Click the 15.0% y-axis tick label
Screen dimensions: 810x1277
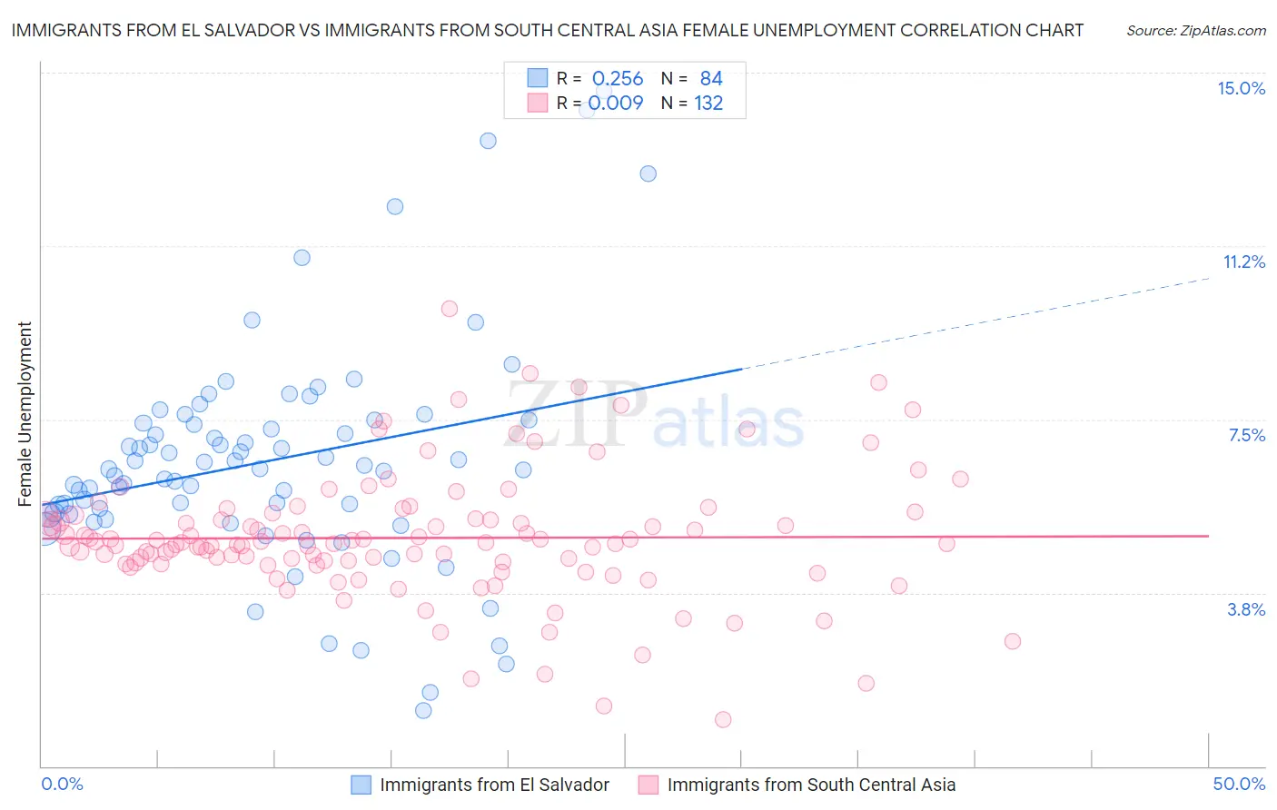[x=1241, y=88]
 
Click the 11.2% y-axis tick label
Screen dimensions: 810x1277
[x=1243, y=262]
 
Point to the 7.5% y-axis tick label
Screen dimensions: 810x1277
[x=1246, y=435]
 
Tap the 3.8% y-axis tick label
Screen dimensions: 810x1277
[x=1246, y=609]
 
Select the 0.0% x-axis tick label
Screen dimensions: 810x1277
[x=62, y=784]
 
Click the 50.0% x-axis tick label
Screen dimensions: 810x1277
[x=1238, y=784]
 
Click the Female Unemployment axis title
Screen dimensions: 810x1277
[x=25, y=413]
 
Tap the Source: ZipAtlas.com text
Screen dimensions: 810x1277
[x=1195, y=30]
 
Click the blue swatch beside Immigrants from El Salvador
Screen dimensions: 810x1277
[x=361, y=785]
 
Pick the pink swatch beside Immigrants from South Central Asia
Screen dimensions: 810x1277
[x=648, y=785]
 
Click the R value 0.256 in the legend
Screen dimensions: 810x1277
[x=618, y=79]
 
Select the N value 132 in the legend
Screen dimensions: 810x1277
[x=708, y=104]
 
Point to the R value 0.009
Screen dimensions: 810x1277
[x=616, y=104]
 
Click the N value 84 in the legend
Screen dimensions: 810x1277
[x=711, y=79]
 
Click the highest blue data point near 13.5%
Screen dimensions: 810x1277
[x=488, y=141]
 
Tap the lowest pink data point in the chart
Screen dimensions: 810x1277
[x=723, y=719]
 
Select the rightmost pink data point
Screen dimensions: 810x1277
[x=1013, y=641]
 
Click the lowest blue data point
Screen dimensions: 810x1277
[x=423, y=710]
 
